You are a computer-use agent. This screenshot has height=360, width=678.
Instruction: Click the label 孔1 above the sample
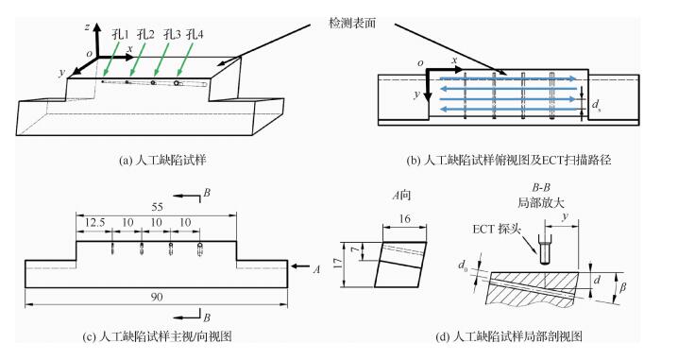(120, 34)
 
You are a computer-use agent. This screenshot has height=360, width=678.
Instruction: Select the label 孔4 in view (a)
(195, 34)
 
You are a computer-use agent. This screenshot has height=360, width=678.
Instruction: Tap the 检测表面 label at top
(352, 23)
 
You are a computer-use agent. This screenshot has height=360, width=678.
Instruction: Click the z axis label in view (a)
(88, 27)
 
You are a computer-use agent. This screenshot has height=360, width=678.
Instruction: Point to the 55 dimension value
(157, 207)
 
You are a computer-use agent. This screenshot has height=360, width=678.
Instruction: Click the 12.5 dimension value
(94, 222)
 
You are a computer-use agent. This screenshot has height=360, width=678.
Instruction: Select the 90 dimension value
(157, 297)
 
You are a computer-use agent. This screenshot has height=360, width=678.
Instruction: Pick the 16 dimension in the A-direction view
(404, 219)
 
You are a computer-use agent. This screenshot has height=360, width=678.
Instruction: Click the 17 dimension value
(339, 264)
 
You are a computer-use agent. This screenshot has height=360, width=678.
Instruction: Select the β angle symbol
(622, 287)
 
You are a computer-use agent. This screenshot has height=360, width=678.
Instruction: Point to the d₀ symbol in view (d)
(464, 265)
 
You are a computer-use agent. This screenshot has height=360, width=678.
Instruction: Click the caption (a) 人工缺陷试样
(162, 161)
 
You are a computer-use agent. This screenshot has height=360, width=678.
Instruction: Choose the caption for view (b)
(509, 161)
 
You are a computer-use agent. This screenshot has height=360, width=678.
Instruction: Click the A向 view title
(401, 196)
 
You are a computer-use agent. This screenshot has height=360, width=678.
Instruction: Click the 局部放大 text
(540, 202)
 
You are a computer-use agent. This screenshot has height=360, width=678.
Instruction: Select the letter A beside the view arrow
(316, 269)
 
